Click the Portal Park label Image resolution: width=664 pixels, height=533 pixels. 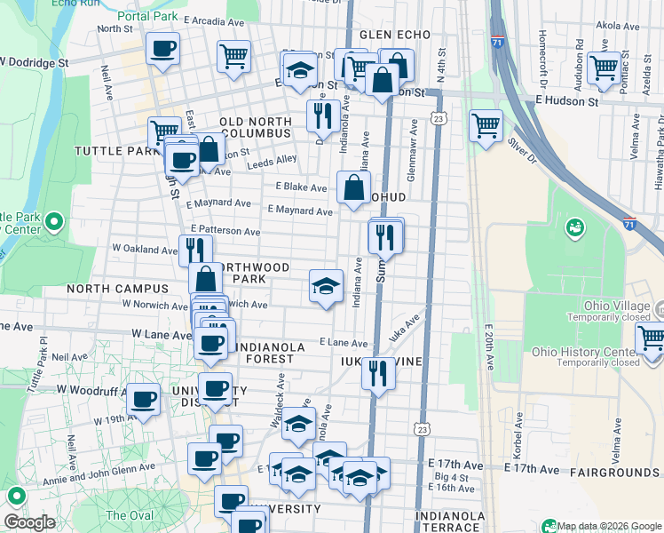145,16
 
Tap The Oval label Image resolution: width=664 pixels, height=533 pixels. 130,515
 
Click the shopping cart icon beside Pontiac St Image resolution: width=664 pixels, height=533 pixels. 604,68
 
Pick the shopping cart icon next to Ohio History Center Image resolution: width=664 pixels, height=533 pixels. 651,338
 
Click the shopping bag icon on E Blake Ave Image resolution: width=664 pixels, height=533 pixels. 353,187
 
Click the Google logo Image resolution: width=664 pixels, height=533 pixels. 29,522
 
